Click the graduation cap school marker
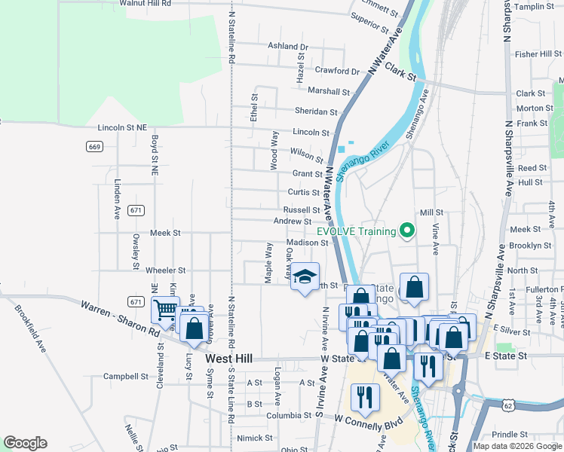(x=305, y=276)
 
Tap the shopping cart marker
(x=165, y=309)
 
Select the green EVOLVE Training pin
(x=408, y=231)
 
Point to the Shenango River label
(x=365, y=162)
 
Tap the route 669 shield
(x=94, y=146)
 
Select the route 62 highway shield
(x=507, y=406)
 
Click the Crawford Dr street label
(x=337, y=72)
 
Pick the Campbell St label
(x=126, y=376)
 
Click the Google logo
(x=25, y=443)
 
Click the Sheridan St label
(x=316, y=111)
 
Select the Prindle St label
(x=510, y=435)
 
